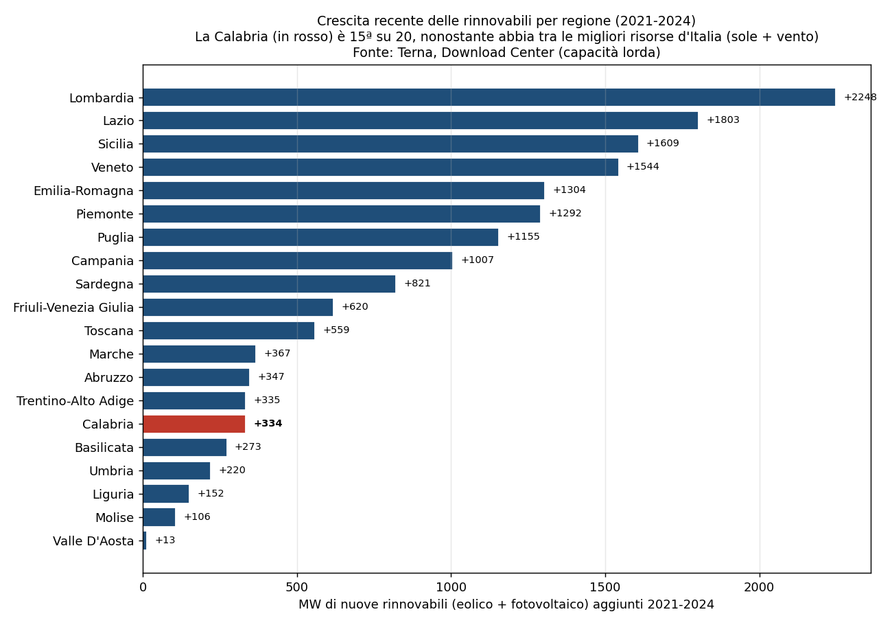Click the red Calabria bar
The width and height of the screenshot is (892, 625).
click(x=194, y=424)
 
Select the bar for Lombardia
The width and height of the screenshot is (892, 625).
click(x=489, y=98)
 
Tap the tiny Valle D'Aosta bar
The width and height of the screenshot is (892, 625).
click(x=145, y=541)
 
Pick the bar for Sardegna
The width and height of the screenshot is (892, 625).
click(x=269, y=284)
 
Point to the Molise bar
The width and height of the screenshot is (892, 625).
click(x=159, y=517)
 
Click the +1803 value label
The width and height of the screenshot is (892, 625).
click(x=723, y=120)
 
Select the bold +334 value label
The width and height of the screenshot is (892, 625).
click(x=268, y=423)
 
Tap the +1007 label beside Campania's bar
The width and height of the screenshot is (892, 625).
click(x=478, y=260)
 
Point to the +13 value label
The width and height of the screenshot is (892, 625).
click(x=165, y=540)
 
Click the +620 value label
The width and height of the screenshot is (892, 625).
click(x=355, y=306)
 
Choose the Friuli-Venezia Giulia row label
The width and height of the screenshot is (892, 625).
click(x=73, y=308)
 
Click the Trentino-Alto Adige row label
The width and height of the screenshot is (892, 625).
click(x=75, y=401)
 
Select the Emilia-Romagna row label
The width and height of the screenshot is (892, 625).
click(x=84, y=191)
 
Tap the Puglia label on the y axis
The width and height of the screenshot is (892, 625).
click(x=115, y=238)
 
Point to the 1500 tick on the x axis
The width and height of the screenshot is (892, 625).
click(x=605, y=587)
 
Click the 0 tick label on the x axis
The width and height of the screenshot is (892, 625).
click(x=143, y=587)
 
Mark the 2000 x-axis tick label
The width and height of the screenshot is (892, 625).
click(x=760, y=587)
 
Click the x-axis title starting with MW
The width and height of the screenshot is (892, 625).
click(x=506, y=604)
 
